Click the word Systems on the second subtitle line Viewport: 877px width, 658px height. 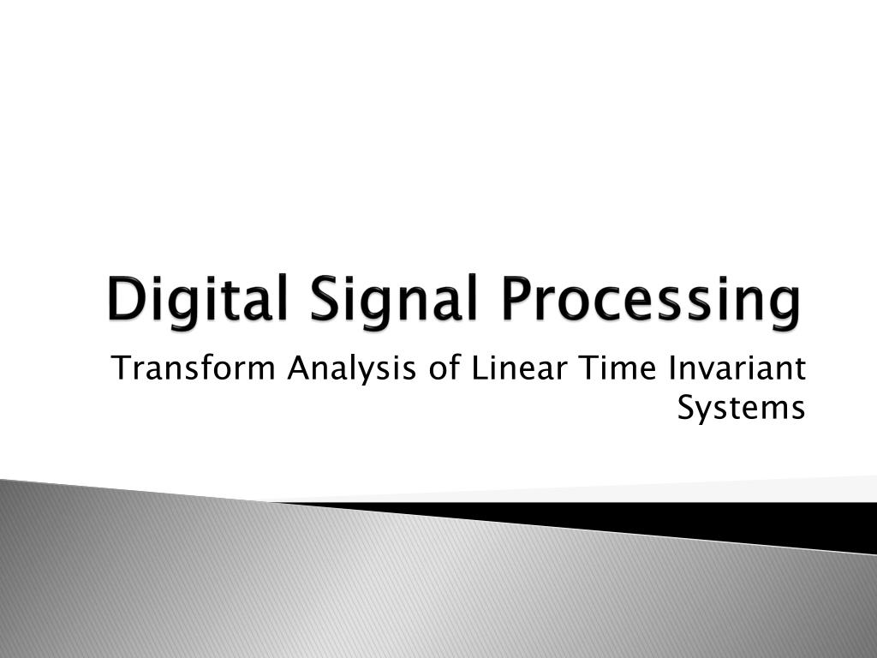click(741, 408)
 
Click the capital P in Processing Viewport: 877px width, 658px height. click(520, 300)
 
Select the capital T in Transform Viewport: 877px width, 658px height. click(121, 369)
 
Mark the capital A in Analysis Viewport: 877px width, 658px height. click(296, 369)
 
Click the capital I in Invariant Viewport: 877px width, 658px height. click(671, 369)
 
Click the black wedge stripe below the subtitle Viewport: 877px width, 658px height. click(685, 517)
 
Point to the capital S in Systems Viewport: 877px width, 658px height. click(685, 408)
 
